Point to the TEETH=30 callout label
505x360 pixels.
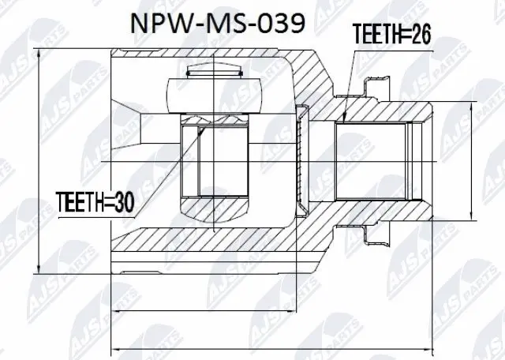pos(94,203)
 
